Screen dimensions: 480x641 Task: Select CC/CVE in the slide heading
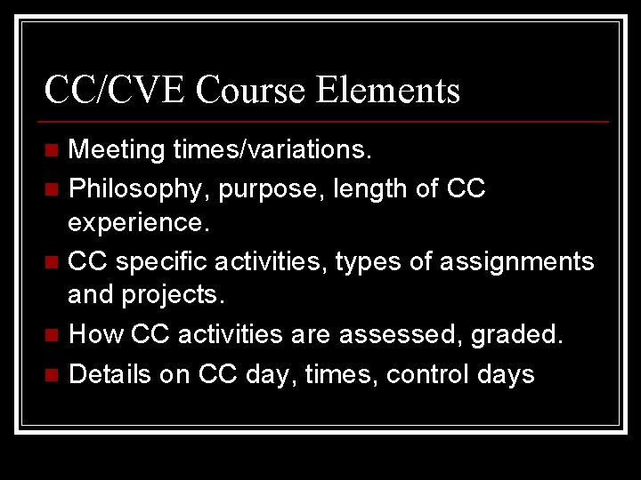point(115,90)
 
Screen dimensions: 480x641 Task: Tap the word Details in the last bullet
point(110,373)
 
